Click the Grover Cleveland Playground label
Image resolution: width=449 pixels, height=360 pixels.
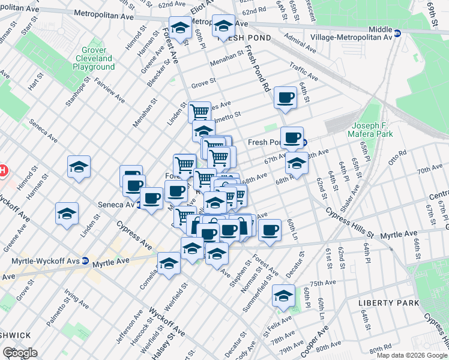click(x=94, y=59)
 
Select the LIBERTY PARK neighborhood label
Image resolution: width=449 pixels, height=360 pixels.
click(x=388, y=303)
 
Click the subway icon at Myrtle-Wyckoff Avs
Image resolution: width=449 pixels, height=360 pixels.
click(x=85, y=261)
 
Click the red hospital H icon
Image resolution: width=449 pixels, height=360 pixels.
click(x=2, y=170)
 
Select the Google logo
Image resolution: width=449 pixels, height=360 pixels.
click(x=20, y=352)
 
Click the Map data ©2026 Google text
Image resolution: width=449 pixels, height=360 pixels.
click(x=412, y=355)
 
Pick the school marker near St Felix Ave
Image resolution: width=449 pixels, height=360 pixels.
click(x=283, y=295)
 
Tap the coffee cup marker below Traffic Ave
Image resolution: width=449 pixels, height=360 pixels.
click(x=285, y=97)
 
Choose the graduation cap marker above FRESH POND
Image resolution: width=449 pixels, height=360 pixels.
click(x=223, y=26)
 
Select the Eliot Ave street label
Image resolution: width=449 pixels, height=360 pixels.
click(x=197, y=10)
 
